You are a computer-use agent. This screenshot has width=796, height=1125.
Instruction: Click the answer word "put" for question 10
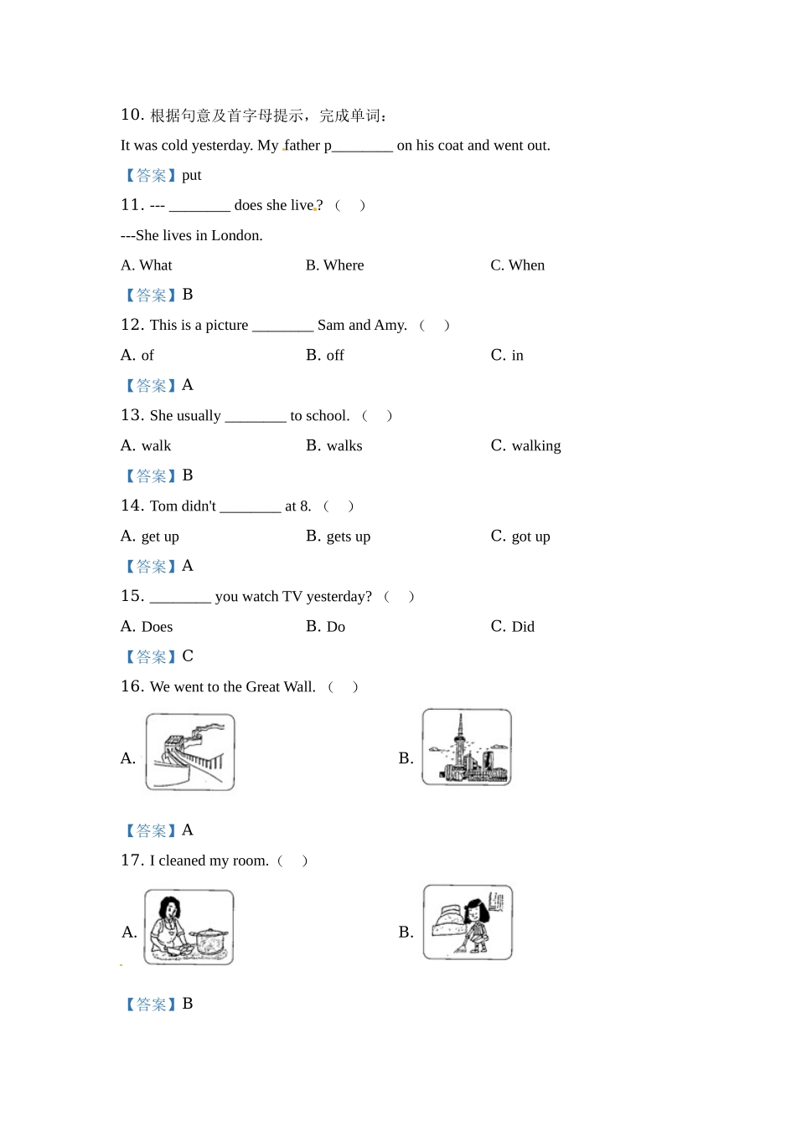point(192,175)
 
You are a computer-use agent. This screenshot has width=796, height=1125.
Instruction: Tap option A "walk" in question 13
point(156,446)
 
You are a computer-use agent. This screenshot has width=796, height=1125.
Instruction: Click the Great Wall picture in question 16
point(190,752)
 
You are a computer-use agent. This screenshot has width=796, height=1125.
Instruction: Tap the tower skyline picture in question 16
point(467,747)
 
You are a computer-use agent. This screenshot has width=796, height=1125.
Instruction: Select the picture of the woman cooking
point(189,927)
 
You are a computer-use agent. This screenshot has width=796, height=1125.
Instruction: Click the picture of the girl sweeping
point(468,922)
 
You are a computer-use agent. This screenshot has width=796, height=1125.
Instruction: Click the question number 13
point(132,415)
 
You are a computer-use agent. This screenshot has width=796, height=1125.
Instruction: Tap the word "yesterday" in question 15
point(339,597)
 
